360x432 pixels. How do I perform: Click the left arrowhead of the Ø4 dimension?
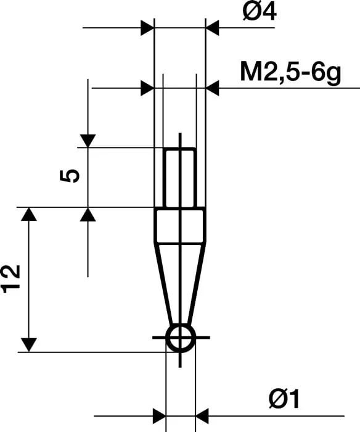pyautogui.click(x=147, y=28)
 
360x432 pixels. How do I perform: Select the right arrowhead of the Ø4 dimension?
pyautogui.click(x=213, y=28)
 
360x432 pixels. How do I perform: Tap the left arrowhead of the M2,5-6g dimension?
pyautogui.click(x=147, y=88)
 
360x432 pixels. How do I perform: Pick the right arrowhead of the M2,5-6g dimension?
pyautogui.click(x=213, y=88)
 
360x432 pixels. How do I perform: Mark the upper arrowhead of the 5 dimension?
pyautogui.click(x=88, y=141)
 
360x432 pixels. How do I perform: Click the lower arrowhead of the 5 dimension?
pyautogui.click(x=88, y=215)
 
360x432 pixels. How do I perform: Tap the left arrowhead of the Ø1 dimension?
pyautogui.click(x=158, y=415)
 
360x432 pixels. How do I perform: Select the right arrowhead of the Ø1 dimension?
pyautogui.click(x=203, y=415)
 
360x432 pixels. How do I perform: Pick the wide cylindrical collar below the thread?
pyautogui.click(x=180, y=225)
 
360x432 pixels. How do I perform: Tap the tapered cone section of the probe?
pyautogui.click(x=180, y=281)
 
